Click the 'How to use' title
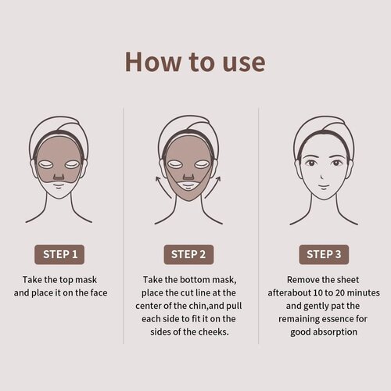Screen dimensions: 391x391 [195, 61]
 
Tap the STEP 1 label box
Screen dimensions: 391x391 [59, 254]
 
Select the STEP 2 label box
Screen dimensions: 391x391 [190, 254]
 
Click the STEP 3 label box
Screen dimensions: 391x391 [322, 254]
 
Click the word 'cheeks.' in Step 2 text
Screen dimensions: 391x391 [214, 332]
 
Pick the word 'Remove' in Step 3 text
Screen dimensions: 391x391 [303, 279]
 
